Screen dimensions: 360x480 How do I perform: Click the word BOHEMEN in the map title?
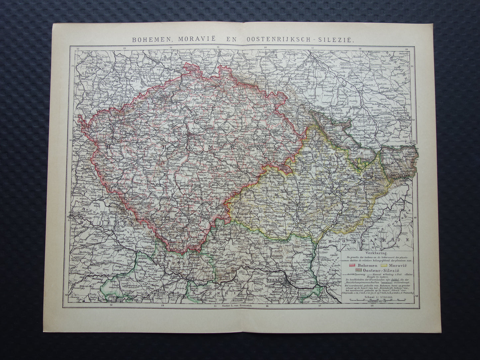[149, 39]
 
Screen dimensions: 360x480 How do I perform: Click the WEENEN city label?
[275, 281]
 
